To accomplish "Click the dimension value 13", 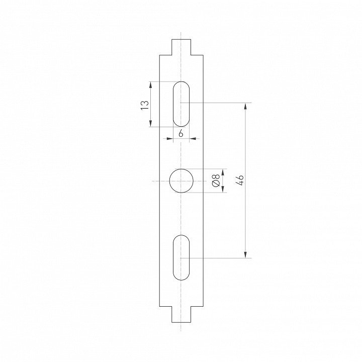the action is (x=145, y=105).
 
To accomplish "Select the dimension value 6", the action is (x=181, y=133).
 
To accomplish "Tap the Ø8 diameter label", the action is (x=216, y=180).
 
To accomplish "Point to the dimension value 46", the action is (x=240, y=180).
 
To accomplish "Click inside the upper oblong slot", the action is (x=181, y=104).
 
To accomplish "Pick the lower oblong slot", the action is (x=181, y=257).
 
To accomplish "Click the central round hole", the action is (x=181, y=181).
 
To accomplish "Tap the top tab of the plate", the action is (x=181, y=47).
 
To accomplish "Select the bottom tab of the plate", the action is (x=181, y=314).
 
